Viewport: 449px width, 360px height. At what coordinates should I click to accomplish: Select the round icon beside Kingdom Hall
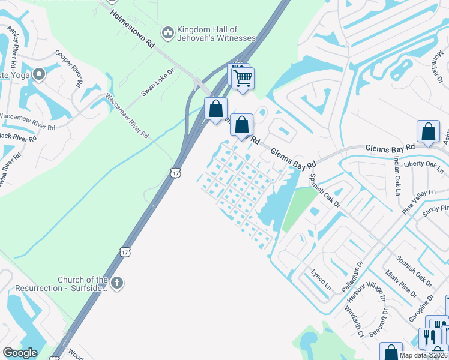pos(167,32)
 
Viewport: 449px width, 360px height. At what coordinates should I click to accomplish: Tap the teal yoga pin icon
pos(39,75)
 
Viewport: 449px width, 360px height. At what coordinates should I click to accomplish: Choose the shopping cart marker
pos(243,78)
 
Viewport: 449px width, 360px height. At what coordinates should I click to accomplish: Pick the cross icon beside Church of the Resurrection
pos(117,281)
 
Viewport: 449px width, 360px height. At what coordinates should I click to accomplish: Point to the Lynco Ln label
pos(321,280)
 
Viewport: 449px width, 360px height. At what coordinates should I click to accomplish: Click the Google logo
pos(20,353)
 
